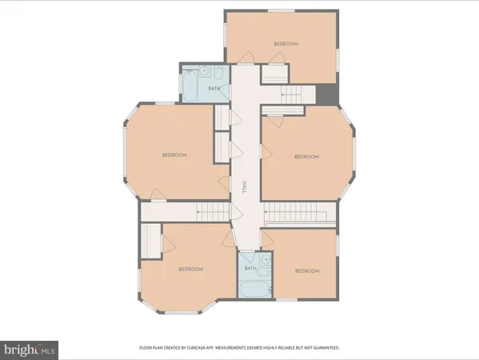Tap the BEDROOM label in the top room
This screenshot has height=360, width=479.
click(x=285, y=44)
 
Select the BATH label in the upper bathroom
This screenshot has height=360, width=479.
click(x=214, y=88)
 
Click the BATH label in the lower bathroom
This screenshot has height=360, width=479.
click(x=250, y=269)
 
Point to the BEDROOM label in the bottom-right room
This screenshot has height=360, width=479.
click(x=306, y=271)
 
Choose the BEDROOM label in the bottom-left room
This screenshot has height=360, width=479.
click(x=191, y=269)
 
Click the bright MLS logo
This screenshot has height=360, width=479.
click(x=30, y=349)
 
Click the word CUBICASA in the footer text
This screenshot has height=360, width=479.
click(x=210, y=348)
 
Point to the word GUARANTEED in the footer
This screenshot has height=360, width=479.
click(x=324, y=348)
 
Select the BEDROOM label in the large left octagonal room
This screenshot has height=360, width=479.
click(x=174, y=155)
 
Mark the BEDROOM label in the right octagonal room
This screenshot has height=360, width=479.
click(x=306, y=157)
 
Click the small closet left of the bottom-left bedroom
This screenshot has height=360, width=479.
click(x=151, y=240)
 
